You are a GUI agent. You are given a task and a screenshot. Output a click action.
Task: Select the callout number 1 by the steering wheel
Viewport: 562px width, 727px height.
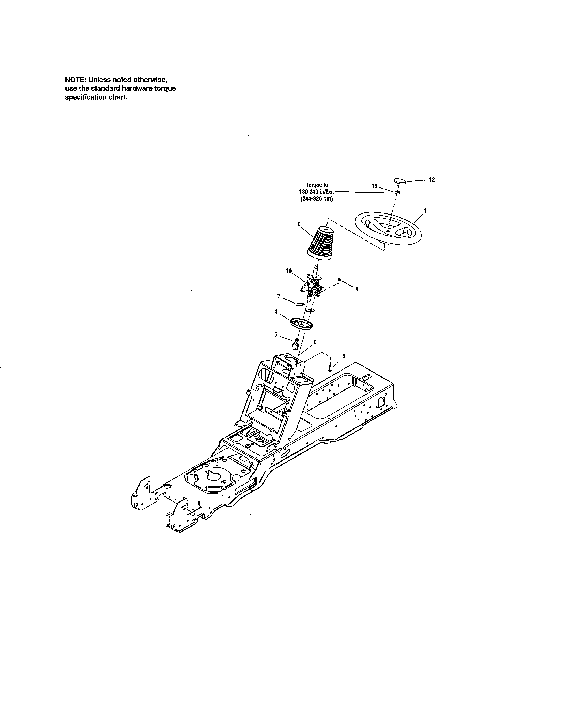pyautogui.click(x=425, y=211)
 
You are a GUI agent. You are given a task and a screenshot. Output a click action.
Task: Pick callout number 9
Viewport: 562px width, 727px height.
pyautogui.click(x=357, y=290)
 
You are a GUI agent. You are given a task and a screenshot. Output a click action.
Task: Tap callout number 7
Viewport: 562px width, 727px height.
pyautogui.click(x=279, y=296)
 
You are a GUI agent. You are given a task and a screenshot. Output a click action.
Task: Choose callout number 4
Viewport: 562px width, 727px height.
pyautogui.click(x=276, y=312)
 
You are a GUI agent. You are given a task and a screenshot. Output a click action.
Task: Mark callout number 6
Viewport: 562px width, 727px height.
pyautogui.click(x=276, y=335)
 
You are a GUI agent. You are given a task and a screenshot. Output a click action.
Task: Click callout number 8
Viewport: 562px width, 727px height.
pyautogui.click(x=315, y=342)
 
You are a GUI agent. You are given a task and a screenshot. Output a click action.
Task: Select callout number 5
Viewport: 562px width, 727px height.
pyautogui.click(x=344, y=356)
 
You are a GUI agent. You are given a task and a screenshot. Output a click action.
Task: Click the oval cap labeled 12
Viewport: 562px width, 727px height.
pyautogui.click(x=400, y=181)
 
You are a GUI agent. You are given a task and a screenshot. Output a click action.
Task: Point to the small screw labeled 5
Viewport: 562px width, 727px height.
pyautogui.click(x=330, y=369)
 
